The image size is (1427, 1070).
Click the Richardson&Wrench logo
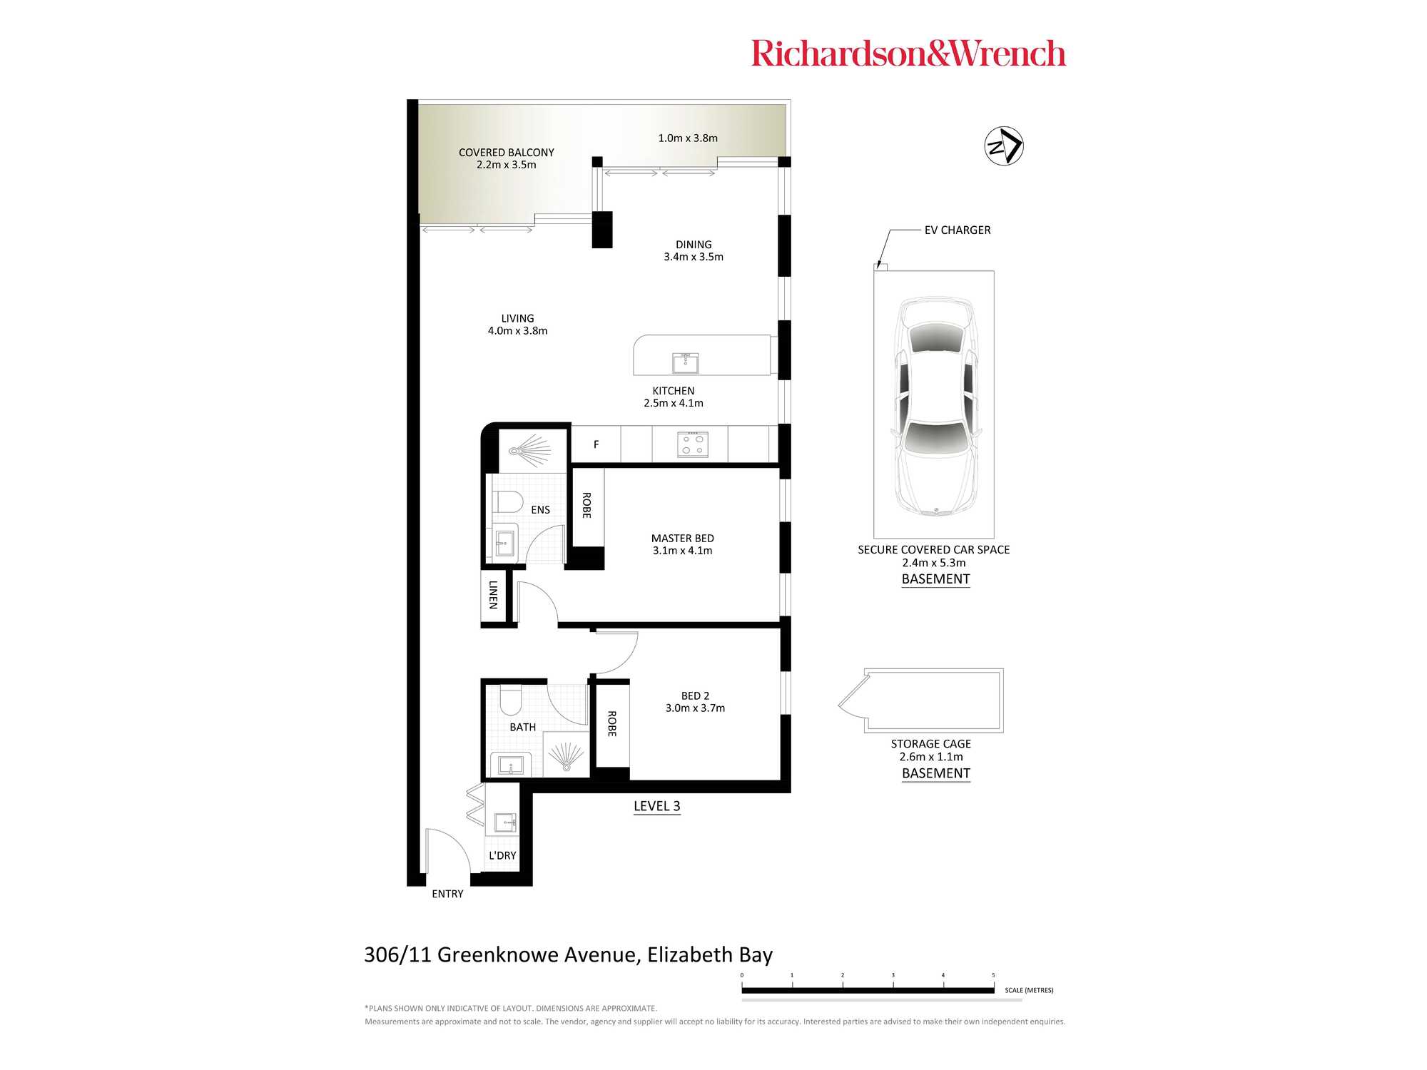point(908,53)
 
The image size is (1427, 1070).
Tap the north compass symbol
point(1004,146)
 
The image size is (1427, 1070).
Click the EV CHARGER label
point(958,230)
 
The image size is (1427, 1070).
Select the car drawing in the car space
point(935,406)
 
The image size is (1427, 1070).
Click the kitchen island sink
point(685,362)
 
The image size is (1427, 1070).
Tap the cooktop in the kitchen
point(692,444)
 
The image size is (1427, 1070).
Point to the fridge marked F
point(596,444)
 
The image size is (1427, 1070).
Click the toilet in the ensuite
point(508,501)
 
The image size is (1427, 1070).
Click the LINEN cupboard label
point(493,594)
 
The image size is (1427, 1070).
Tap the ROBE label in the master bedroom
point(586,505)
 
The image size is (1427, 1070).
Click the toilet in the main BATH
point(511,700)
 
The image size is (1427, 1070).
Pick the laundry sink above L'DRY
point(505,822)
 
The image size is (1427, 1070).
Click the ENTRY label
point(447,894)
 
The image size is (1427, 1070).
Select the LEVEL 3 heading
point(657,806)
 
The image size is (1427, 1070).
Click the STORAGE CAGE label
point(931,743)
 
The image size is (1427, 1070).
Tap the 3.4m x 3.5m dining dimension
point(694,257)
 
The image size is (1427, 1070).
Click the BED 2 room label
point(695,695)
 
